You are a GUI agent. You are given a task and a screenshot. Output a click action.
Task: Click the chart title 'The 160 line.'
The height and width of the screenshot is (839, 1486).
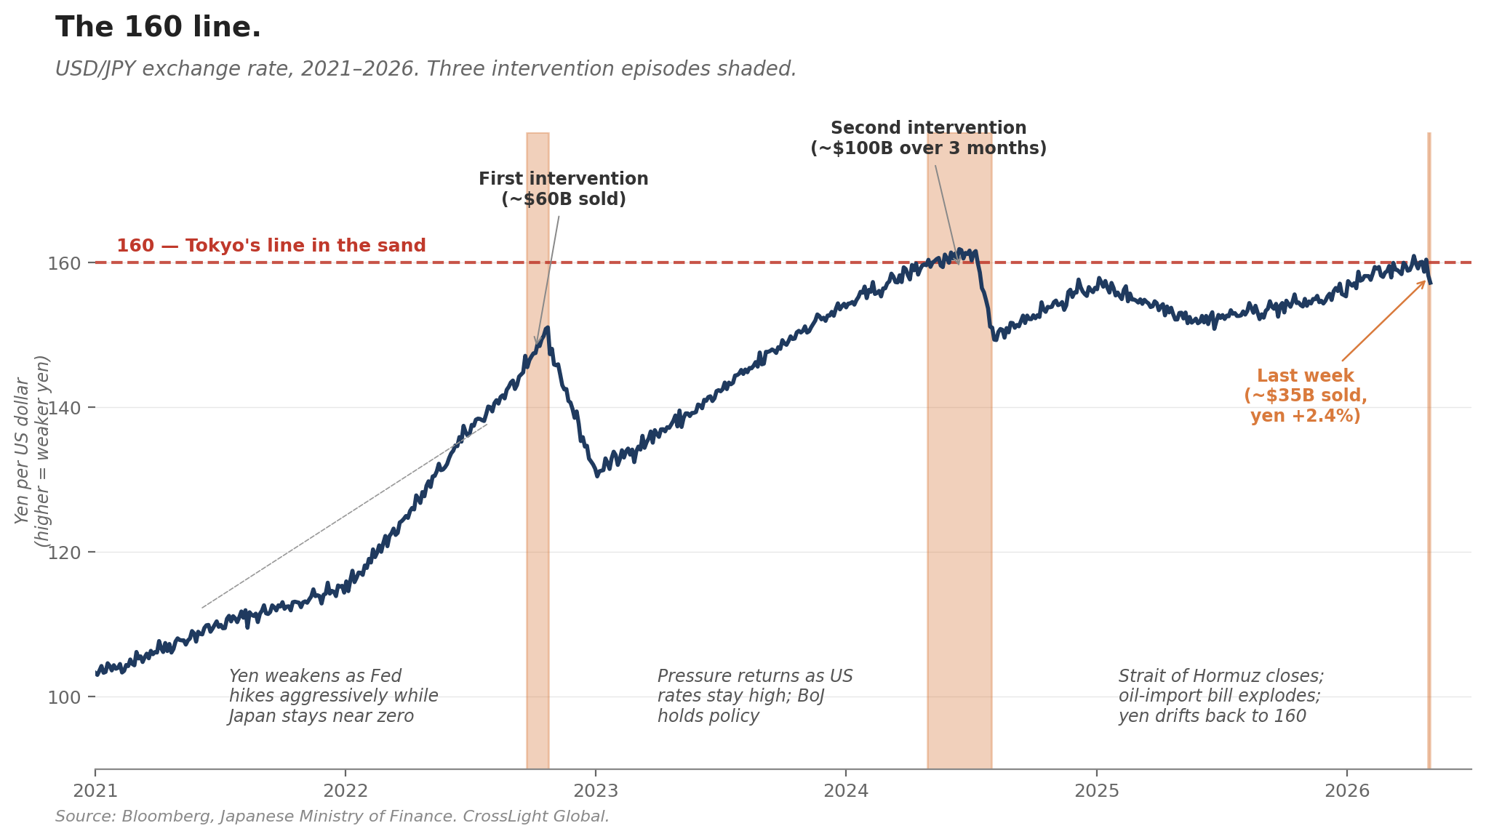point(158,28)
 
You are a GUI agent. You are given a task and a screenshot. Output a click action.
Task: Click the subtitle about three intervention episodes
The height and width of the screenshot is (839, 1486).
point(426,69)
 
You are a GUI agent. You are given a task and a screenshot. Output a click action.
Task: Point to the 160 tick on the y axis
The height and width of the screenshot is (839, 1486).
point(64,262)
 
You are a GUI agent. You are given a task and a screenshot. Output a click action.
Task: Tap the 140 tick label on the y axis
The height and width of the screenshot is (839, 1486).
point(64,407)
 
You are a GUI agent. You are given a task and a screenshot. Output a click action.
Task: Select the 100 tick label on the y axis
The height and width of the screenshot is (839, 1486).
point(64,697)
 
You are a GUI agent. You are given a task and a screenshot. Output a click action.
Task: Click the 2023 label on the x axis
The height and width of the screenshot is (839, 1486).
point(596,791)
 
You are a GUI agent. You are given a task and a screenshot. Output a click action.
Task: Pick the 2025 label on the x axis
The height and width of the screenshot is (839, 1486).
point(1097,791)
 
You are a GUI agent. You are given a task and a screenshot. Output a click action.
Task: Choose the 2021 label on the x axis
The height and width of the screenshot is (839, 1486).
point(95,791)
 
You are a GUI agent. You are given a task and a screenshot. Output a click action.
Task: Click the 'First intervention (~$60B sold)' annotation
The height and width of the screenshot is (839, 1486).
point(564,189)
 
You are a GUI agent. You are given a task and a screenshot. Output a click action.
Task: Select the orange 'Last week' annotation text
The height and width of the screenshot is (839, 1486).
point(1306,396)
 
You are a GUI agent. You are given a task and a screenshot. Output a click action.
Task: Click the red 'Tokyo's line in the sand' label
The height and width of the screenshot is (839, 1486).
point(271,246)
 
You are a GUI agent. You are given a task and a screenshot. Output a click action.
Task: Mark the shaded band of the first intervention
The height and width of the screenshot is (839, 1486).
point(538,451)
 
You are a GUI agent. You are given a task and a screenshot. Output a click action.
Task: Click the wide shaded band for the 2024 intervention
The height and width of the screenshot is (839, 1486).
point(959,451)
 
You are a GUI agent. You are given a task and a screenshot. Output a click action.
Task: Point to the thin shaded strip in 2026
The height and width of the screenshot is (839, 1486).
point(1429,451)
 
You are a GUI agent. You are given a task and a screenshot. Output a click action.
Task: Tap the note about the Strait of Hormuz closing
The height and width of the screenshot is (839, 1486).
point(1221,697)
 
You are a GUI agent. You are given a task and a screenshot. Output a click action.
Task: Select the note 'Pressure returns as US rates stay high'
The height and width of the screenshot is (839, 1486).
point(755,697)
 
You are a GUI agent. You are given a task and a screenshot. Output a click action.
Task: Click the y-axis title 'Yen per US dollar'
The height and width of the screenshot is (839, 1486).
point(32,451)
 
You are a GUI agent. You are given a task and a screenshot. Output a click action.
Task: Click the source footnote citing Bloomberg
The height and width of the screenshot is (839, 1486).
point(332,816)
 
